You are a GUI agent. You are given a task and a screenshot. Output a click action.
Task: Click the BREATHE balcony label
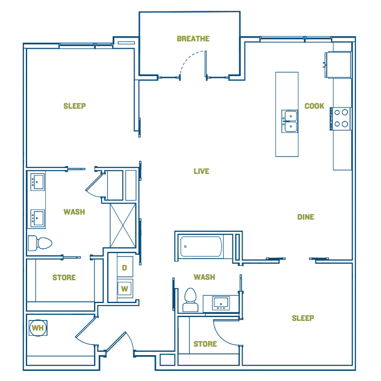pos(193,39)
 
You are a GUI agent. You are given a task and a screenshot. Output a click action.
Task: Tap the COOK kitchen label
pos(314,106)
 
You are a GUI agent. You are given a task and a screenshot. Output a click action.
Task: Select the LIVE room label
pos(202,171)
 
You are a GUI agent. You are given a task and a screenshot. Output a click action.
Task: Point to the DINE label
pos(306,217)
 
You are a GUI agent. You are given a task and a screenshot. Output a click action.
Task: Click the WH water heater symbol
pos(38,328)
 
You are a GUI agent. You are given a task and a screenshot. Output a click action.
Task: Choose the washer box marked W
pos(125,289)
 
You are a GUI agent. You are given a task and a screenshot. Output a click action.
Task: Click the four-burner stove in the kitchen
pos(341,119)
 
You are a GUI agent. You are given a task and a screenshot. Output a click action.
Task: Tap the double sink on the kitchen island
pos(290,121)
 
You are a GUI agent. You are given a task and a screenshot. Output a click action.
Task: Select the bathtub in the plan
pos(201,247)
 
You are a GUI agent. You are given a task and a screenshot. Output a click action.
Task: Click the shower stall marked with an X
pos(123,225)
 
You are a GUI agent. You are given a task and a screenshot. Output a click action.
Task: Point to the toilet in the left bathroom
pos(40,243)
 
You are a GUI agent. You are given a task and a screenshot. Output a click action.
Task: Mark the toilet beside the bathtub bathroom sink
pos(190,300)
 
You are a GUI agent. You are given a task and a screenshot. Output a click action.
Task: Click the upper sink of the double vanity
pos(38,182)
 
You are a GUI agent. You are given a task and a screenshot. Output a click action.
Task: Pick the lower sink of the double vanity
pos(38,218)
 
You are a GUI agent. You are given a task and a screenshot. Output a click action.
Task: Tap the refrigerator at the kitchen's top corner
pos(338,65)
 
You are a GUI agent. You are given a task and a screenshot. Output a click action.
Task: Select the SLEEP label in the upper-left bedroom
pos(75,106)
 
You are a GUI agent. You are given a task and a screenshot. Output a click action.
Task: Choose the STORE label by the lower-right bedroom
pos(205,344)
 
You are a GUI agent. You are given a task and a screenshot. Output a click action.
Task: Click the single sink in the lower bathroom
pos(221,303)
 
